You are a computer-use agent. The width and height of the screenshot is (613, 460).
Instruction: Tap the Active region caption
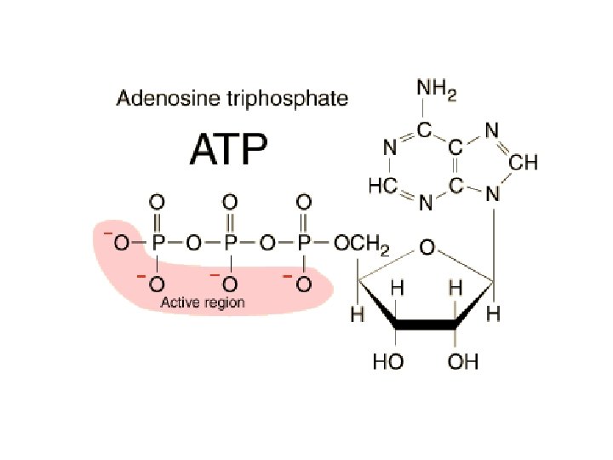(203, 302)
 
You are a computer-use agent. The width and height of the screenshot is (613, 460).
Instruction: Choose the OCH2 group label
(361, 245)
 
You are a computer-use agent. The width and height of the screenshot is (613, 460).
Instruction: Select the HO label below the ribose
(389, 362)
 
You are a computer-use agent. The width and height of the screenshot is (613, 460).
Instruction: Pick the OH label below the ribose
(463, 362)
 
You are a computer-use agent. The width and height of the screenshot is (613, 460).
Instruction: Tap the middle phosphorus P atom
(230, 244)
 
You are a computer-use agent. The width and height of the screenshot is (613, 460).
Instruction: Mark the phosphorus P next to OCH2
(303, 244)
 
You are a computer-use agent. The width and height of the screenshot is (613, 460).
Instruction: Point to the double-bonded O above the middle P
(230, 202)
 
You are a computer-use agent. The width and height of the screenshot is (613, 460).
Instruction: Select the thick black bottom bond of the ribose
(427, 325)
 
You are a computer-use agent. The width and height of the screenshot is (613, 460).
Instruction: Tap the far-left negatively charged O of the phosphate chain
(121, 244)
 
